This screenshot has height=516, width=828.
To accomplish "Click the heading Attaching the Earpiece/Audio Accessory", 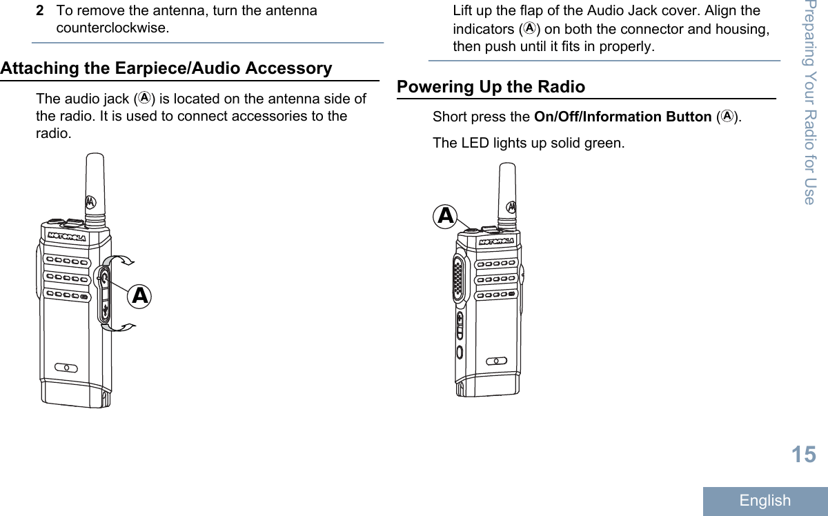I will (x=166, y=68).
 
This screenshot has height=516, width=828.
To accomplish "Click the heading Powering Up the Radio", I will (x=491, y=87).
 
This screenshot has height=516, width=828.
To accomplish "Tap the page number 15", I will (x=803, y=455).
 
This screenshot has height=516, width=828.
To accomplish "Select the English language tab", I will (x=765, y=501).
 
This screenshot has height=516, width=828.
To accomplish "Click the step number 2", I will (x=41, y=11).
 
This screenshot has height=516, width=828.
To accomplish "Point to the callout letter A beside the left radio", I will (x=140, y=296).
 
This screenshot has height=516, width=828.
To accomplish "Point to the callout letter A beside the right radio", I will (x=446, y=216).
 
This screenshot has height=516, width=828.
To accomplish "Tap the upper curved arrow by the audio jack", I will (x=123, y=260).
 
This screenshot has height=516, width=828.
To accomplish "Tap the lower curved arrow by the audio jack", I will (x=123, y=326).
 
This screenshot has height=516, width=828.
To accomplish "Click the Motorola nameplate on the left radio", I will (x=67, y=237).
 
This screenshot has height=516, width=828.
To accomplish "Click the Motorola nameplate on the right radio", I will (x=496, y=242).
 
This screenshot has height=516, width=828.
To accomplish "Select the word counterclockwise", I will (x=112, y=29).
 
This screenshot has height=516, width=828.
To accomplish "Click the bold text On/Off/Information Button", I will (x=623, y=117).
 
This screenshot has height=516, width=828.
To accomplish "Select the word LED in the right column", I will (x=471, y=143).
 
